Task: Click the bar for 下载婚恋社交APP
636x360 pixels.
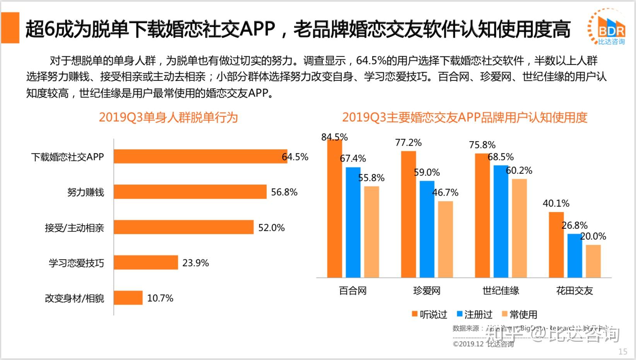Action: point(200,156)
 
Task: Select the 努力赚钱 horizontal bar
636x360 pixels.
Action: point(190,192)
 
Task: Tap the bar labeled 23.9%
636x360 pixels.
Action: point(146,262)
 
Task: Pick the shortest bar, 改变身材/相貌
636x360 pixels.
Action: point(128,298)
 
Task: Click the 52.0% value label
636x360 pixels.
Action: point(272,228)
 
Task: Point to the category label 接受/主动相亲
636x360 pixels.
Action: point(74,228)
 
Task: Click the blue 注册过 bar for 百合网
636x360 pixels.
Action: point(353,222)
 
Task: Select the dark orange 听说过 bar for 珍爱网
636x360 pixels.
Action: point(408,214)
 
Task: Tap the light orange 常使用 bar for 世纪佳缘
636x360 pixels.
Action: point(519,228)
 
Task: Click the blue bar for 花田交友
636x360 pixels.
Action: point(574,255)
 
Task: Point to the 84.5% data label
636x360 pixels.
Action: point(334,137)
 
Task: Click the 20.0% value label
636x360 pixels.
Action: point(593,236)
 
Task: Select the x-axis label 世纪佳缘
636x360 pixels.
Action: point(501,291)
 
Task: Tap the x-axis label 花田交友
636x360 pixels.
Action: point(574,291)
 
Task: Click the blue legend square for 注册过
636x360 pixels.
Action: point(460,314)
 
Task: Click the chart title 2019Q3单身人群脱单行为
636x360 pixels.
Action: point(168,117)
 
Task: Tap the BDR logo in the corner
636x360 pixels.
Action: point(607,27)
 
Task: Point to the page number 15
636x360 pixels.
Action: point(622,351)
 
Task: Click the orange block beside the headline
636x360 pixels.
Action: point(10,27)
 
